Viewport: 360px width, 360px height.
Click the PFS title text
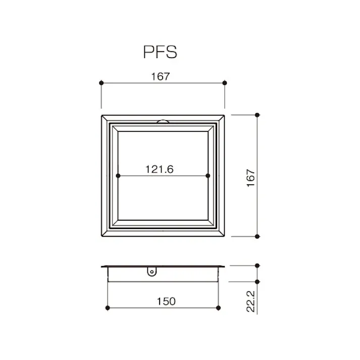point(160,52)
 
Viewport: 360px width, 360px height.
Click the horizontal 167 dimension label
point(161,76)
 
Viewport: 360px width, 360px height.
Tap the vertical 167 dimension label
point(251,178)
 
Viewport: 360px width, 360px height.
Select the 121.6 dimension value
point(160,169)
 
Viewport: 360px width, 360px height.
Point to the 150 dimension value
point(166,301)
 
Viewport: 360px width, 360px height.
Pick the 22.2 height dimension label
point(251,301)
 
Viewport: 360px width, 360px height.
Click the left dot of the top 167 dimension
point(101,83)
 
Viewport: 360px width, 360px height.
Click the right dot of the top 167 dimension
point(225,83)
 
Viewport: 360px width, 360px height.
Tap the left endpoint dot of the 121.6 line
point(118,176)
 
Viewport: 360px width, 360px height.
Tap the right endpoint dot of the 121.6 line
point(208,176)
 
